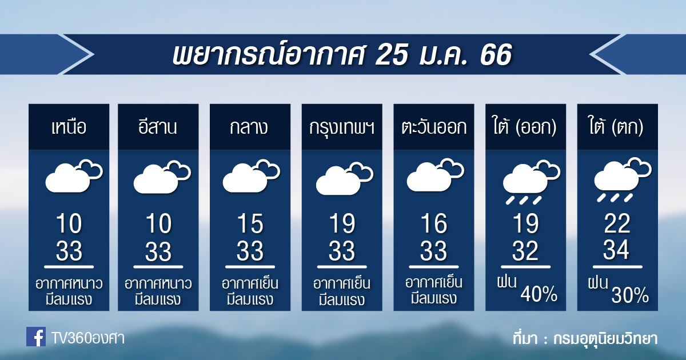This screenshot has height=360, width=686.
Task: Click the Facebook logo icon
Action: click(x=36, y=337)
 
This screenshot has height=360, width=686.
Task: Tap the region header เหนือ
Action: click(x=69, y=127)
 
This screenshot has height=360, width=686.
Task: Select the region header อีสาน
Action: click(x=158, y=127)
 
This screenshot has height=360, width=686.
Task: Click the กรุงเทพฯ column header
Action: click(x=342, y=127)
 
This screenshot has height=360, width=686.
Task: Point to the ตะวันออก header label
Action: click(x=434, y=127)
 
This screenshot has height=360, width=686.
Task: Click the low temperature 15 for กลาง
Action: click(x=250, y=224)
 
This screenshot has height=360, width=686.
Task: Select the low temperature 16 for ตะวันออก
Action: click(x=434, y=224)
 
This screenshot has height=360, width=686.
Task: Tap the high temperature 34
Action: click(x=616, y=250)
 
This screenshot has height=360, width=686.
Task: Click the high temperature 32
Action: click(x=525, y=250)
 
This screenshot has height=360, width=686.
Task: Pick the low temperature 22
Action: click(x=617, y=224)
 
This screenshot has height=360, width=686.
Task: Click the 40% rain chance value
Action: click(x=539, y=294)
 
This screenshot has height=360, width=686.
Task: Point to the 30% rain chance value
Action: click(x=630, y=295)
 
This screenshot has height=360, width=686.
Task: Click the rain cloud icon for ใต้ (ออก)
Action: click(x=531, y=182)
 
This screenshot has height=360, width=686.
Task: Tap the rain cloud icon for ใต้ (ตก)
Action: click(x=623, y=179)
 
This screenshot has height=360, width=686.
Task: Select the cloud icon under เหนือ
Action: click(x=74, y=176)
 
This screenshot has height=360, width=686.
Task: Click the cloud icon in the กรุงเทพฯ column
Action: click(x=345, y=178)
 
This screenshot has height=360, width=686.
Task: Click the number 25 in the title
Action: click(x=392, y=55)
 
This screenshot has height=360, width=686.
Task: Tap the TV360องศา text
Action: click(x=88, y=338)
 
